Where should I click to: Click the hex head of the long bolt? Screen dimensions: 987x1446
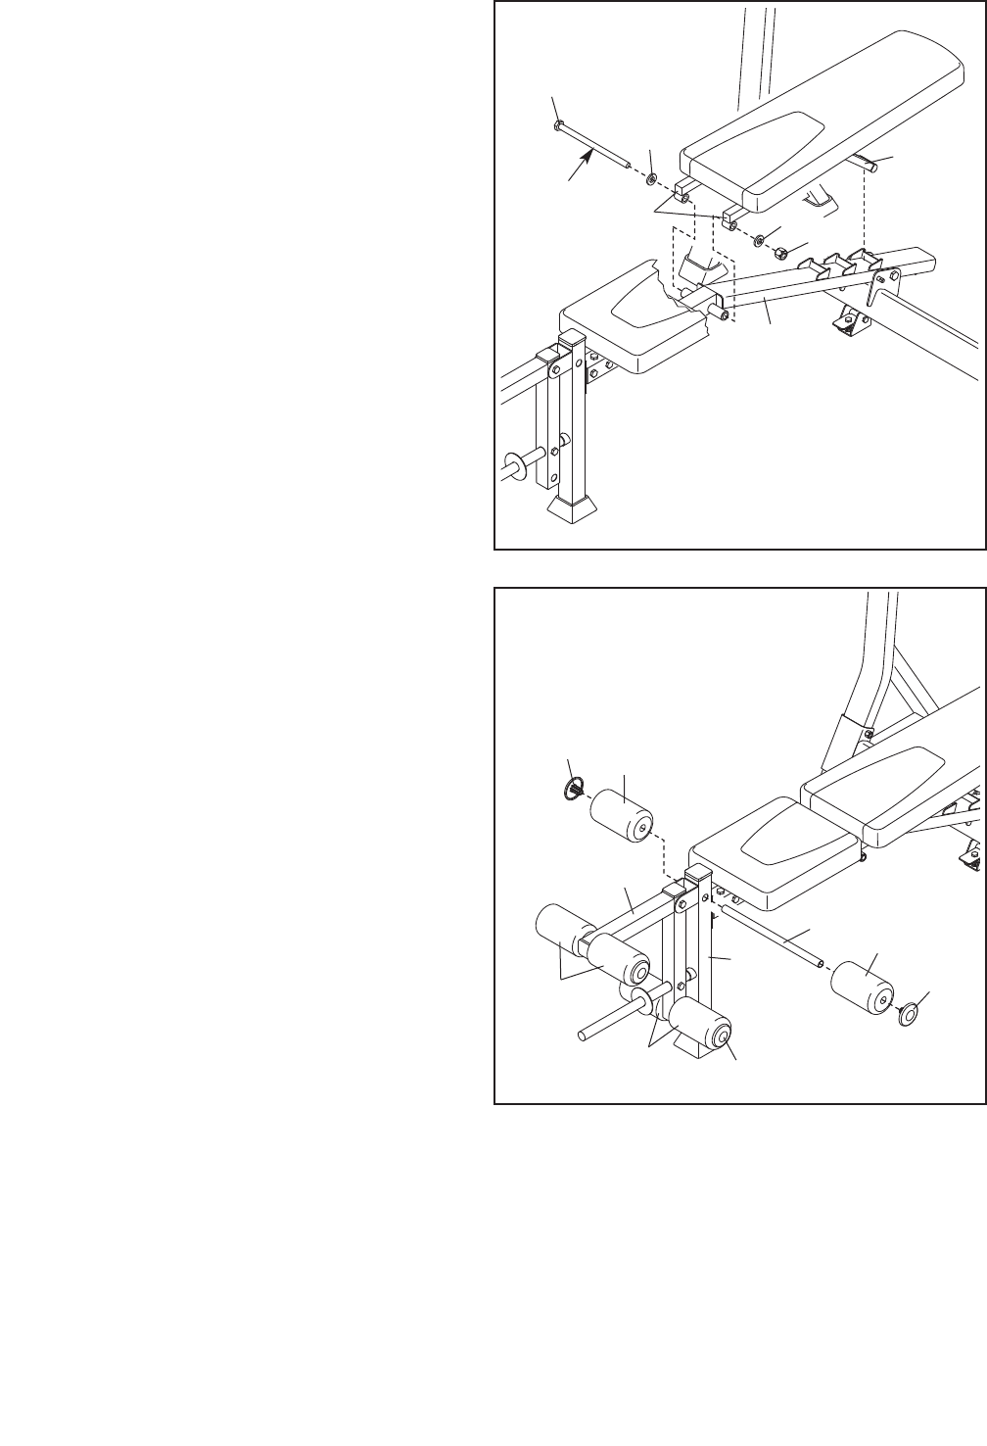(557, 125)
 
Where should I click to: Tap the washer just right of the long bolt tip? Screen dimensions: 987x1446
(650, 180)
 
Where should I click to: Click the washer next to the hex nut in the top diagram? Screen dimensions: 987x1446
(761, 238)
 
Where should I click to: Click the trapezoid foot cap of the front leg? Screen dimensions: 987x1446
(571, 506)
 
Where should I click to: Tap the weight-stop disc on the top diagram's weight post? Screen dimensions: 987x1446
(512, 463)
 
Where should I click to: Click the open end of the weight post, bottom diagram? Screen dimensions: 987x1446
(582, 1034)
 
